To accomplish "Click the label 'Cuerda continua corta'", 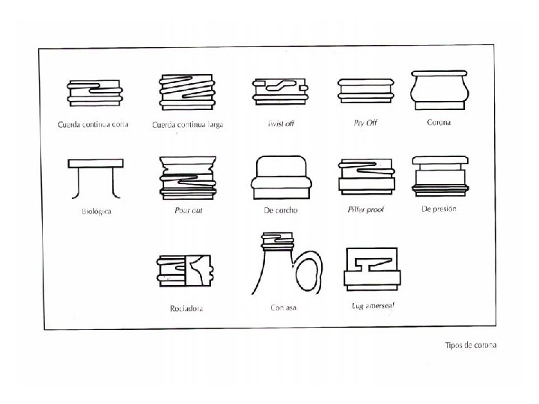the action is [x=94, y=124].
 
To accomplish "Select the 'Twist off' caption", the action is [x=281, y=123].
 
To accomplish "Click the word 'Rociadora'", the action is [x=186, y=307].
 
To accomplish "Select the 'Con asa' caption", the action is [x=284, y=307].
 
